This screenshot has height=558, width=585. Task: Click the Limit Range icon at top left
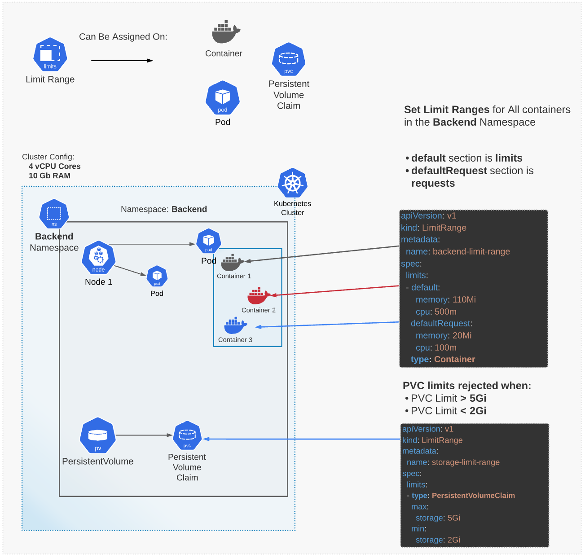pyautogui.click(x=50, y=55)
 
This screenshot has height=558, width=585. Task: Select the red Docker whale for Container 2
pyautogui.click(x=258, y=296)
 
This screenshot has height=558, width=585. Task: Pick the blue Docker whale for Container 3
pyautogui.click(x=235, y=326)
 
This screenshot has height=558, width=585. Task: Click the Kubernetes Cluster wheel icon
pyautogui.click(x=292, y=183)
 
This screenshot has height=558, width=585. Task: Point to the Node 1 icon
pyautogui.click(x=99, y=259)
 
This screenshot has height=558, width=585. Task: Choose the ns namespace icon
pyautogui.click(x=54, y=214)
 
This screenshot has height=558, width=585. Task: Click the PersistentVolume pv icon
pyautogui.click(x=98, y=436)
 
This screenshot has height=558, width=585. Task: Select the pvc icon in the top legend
pyautogui.click(x=289, y=60)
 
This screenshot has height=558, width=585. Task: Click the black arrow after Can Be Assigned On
pyautogui.click(x=122, y=61)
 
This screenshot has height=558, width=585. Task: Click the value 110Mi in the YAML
pyautogui.click(x=464, y=299)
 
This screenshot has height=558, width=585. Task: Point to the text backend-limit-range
pyautogui.click(x=471, y=251)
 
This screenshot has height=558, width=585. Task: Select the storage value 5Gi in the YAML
pyautogui.click(x=454, y=518)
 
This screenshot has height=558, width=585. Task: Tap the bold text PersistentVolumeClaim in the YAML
pyautogui.click(x=473, y=496)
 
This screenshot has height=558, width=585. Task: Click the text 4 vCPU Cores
pyautogui.click(x=55, y=166)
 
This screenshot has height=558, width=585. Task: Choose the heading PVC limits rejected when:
pyautogui.click(x=467, y=386)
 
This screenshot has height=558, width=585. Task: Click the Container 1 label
pyautogui.click(x=234, y=276)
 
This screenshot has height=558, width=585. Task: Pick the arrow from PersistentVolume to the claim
pyautogui.click(x=144, y=435)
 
